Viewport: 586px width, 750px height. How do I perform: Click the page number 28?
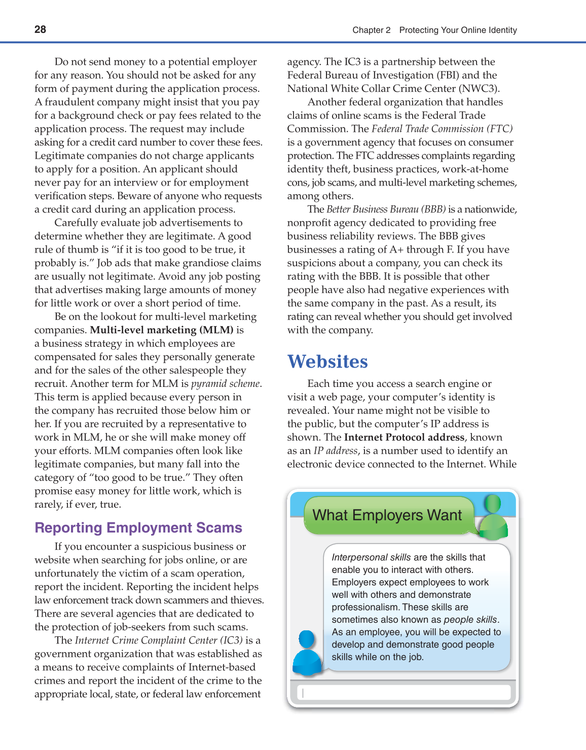tap(40, 29)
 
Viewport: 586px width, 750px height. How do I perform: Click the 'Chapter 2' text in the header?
tap(371, 30)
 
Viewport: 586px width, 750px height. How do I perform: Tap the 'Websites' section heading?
tap(327, 362)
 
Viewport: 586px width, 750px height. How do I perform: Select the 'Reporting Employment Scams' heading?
tap(138, 528)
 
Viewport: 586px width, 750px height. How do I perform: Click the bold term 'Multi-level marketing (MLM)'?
tap(162, 330)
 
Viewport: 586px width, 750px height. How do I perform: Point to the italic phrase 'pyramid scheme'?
tap(226, 384)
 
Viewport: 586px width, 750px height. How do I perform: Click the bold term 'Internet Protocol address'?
tap(404, 437)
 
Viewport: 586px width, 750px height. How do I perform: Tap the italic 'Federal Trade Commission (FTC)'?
tap(442, 129)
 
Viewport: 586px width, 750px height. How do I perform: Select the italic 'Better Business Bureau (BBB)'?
tap(386, 209)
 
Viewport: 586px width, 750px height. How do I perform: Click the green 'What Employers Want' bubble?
tap(387, 515)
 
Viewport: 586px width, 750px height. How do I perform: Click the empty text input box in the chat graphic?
tap(404, 693)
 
